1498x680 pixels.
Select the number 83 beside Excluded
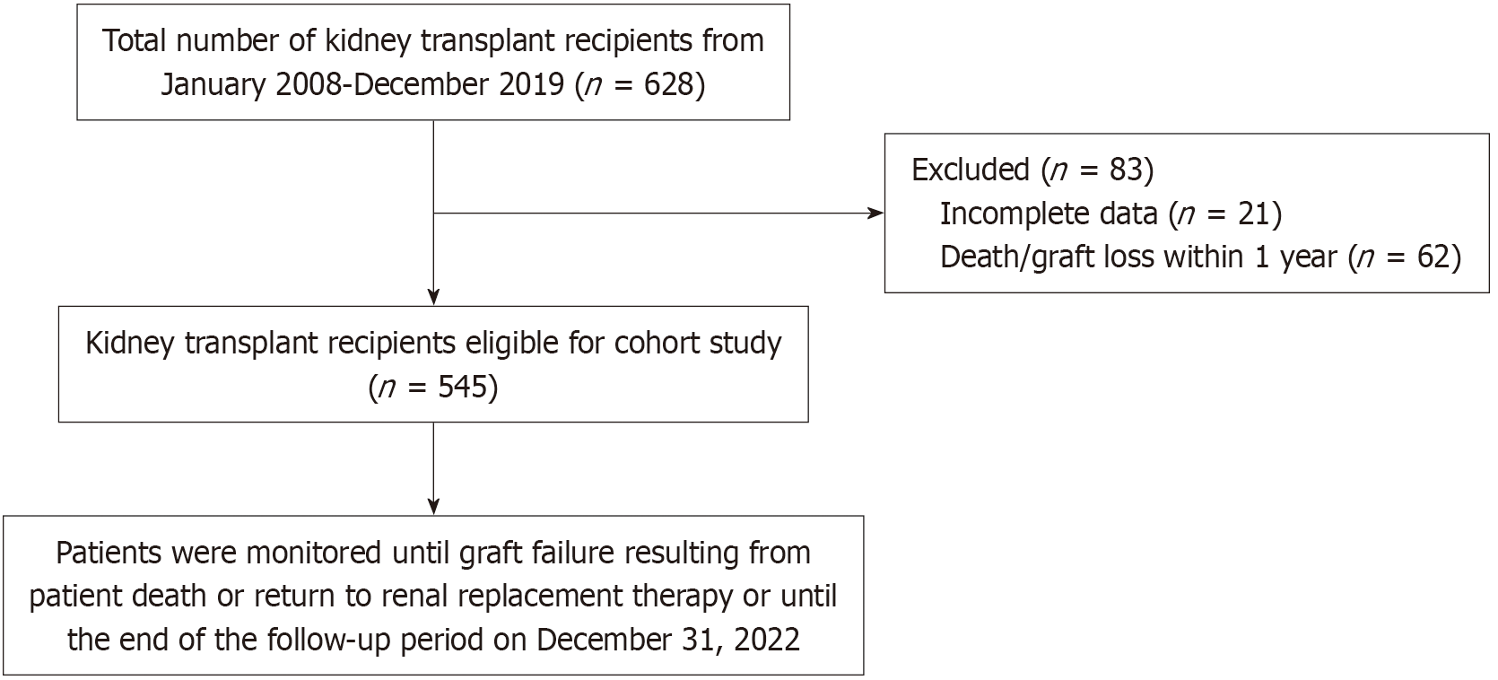[x=1126, y=170]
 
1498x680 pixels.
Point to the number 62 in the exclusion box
[x=1433, y=257]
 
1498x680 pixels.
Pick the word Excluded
[x=971, y=170]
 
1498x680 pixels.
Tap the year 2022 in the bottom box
[x=766, y=640]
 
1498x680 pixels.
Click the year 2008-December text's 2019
[x=532, y=85]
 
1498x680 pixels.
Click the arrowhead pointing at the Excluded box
[x=875, y=214]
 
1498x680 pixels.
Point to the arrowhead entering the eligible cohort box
[x=433, y=298]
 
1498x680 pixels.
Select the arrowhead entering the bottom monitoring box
[x=433, y=507]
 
